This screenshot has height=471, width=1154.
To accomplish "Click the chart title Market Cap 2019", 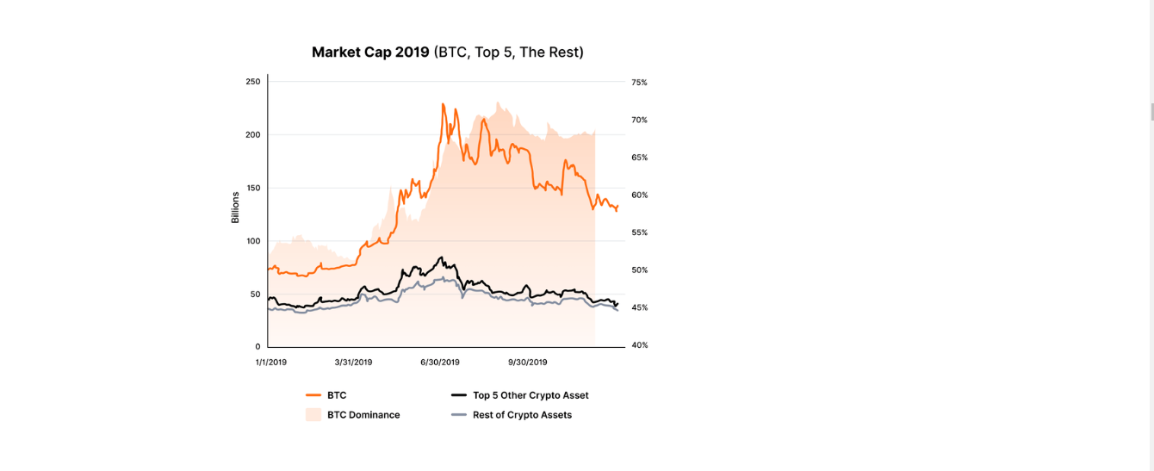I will [370, 53].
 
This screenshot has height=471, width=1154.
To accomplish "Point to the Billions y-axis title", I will [235, 208].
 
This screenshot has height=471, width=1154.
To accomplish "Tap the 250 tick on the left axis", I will [252, 82].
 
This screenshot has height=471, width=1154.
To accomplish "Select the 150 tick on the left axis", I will [252, 188].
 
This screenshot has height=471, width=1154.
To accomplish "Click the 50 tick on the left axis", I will [255, 294].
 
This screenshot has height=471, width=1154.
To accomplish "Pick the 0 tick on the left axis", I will [257, 347].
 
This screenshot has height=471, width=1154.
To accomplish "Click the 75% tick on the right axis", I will [639, 83].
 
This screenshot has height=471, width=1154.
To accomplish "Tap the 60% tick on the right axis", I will [639, 195].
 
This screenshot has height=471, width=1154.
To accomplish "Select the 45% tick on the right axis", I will [639, 307].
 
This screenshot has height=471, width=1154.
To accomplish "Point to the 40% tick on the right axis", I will [639, 345].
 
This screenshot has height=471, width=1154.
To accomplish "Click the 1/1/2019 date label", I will [271, 363].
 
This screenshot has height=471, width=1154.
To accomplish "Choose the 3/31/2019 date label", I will [353, 363].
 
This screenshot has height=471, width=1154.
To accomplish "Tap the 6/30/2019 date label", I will [440, 363].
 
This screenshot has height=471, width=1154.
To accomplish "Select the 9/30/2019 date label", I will [528, 363].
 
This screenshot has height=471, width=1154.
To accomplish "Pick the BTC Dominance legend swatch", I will [313, 414].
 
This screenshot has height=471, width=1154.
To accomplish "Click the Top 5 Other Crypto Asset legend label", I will [530, 395].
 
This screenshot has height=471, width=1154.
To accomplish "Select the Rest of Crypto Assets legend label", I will [522, 415].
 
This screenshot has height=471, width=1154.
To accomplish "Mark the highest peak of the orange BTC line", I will [443, 104].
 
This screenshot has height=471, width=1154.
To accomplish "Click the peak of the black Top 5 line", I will [442, 257].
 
